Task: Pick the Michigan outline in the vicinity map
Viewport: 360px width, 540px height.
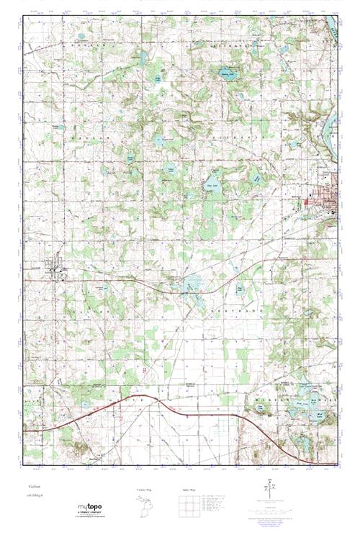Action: [145, 505]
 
